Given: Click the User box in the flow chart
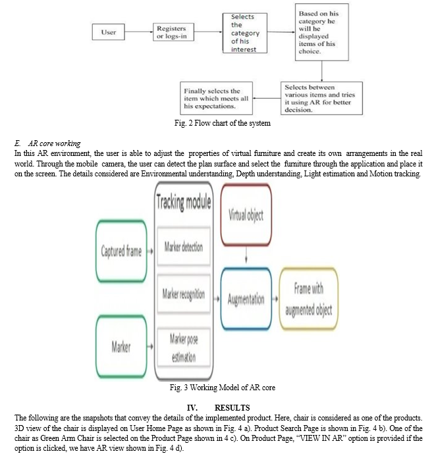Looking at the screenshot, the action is point(109,32).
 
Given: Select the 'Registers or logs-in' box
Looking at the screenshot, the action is point(173,32).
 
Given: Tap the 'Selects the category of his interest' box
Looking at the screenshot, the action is point(244,33).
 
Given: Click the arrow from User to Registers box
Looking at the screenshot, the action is point(139,32).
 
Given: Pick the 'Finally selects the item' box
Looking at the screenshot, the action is point(216,98).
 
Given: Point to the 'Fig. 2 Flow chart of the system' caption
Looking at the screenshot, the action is point(223,123).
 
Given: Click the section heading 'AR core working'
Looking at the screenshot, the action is point(55,143).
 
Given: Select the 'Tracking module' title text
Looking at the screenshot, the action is point(184,201).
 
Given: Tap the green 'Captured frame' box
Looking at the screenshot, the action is point(121,251).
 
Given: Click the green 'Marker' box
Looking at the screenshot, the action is point(121,347).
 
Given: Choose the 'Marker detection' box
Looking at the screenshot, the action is point(184,247).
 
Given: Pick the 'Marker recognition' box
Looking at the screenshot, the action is point(184,294).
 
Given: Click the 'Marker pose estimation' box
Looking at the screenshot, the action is point(184,347).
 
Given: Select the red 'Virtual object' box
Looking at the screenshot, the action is point(246,215).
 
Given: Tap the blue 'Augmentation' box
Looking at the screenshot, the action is point(246,299).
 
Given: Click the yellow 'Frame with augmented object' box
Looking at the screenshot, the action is point(309,299).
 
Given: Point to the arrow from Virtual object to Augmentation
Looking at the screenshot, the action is point(246,255).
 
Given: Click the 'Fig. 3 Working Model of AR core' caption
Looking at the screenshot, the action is point(223,388).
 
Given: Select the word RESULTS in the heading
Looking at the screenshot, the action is point(232,408).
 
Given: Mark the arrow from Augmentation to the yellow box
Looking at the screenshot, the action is point(275,299).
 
